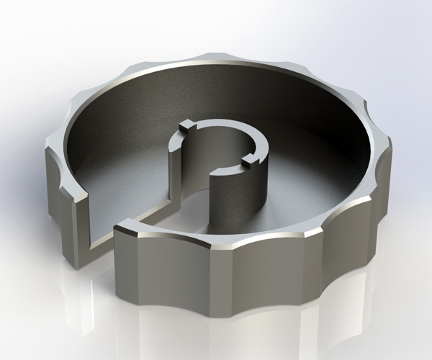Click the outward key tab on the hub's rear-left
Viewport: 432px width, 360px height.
(x=186, y=125)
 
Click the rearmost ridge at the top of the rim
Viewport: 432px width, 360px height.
(x=216, y=56)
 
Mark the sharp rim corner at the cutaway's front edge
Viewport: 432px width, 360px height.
(x=117, y=229)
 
